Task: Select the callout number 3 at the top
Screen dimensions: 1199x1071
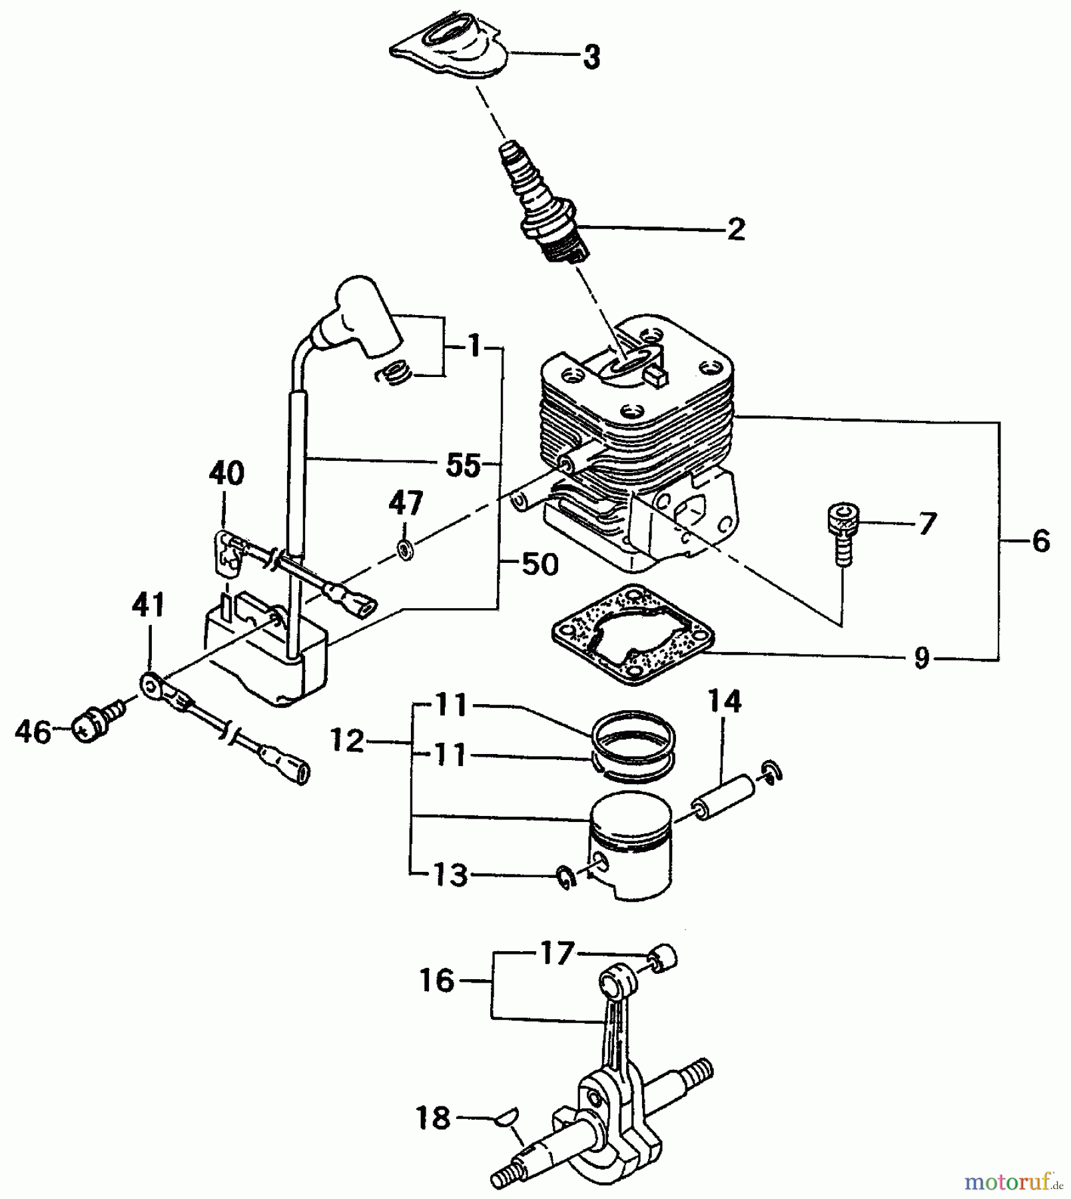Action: tap(591, 57)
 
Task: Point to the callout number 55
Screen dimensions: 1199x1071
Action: tap(464, 466)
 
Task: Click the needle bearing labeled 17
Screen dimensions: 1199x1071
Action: tap(663, 957)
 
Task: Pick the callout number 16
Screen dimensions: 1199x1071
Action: tap(437, 981)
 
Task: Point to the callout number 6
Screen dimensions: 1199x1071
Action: tap(1040, 541)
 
